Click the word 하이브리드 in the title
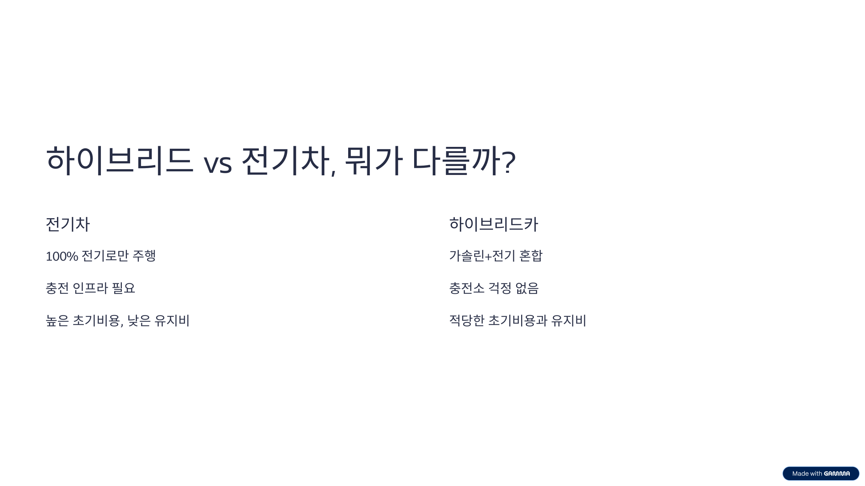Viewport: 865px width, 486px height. point(119,161)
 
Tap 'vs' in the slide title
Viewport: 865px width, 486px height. point(218,165)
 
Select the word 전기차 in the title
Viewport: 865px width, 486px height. point(285,161)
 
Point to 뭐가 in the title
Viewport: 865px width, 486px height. point(373,161)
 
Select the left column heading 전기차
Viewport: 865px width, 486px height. point(68,224)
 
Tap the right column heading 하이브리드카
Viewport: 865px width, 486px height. point(493,224)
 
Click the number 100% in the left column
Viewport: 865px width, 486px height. point(62,256)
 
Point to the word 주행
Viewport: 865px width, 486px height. point(144,256)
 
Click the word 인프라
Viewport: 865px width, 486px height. point(90,288)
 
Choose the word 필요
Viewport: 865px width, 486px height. point(124,288)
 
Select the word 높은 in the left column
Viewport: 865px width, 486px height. point(57,320)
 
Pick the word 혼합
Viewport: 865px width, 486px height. point(531,256)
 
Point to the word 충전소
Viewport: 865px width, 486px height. point(467,288)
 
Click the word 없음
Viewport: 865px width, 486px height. point(527,288)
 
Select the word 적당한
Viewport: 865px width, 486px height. point(467,320)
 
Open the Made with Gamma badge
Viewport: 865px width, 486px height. point(821,473)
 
